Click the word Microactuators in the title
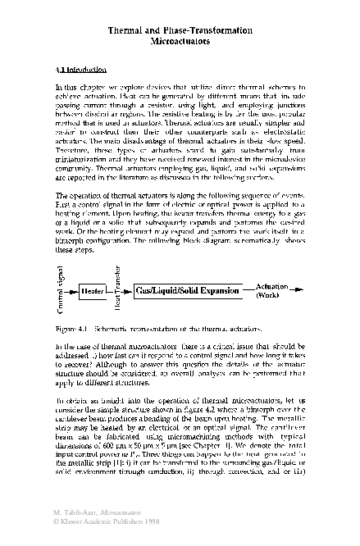click(x=180, y=39)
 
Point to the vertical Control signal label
click(x=59, y=291)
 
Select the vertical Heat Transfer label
click(x=120, y=291)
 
